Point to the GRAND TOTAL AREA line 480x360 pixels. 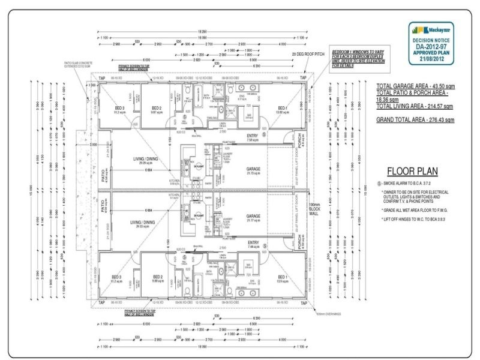[415, 120]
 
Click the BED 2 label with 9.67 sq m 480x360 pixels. [158, 110]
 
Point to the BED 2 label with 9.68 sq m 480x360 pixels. [158, 278]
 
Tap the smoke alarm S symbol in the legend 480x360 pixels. [379, 183]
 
